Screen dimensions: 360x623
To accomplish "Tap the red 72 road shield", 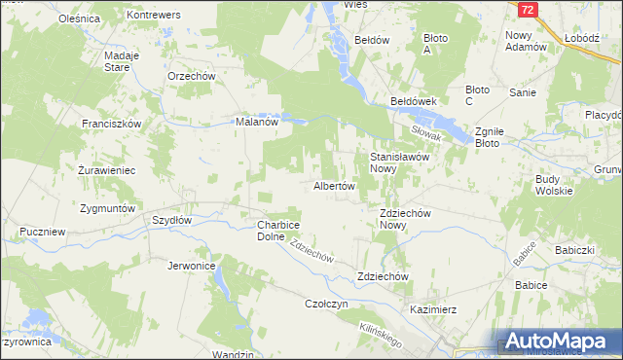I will [x=527, y=10].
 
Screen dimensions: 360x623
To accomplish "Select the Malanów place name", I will [x=258, y=123].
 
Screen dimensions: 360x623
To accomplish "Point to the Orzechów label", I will [x=191, y=75].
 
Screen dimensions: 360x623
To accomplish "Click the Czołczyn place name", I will [x=327, y=304].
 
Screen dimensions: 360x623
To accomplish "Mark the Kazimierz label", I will [x=433, y=309].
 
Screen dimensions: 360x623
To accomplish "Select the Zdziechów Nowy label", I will [x=406, y=219].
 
